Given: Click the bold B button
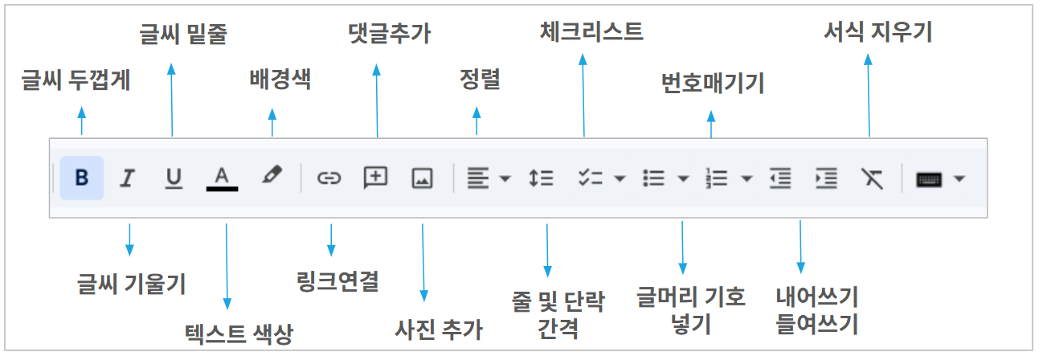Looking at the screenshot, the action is [82, 178].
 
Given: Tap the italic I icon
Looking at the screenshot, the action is [127, 178].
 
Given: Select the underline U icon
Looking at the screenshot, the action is [174, 178].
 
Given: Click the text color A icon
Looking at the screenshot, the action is [222, 179].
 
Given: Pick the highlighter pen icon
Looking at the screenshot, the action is [272, 175].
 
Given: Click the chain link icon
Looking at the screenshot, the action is [329, 178].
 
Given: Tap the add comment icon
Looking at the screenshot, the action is [375, 178].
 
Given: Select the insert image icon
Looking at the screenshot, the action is [423, 178].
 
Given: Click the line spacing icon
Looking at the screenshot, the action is [541, 178].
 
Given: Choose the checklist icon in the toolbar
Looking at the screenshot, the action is [591, 178].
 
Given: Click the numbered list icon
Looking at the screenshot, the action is [717, 178].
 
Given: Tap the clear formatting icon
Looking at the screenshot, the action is [872, 178].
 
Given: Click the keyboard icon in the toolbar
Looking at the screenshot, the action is [929, 179].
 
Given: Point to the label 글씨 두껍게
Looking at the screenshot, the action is [76, 80].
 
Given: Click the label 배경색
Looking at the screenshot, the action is [280, 79].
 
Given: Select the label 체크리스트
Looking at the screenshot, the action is [591, 31].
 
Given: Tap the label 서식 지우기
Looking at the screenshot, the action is [878, 31].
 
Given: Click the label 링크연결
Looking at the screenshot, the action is [337, 281].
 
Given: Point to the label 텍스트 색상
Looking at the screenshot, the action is [239, 334].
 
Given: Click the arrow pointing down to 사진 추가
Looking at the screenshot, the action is [423, 263].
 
